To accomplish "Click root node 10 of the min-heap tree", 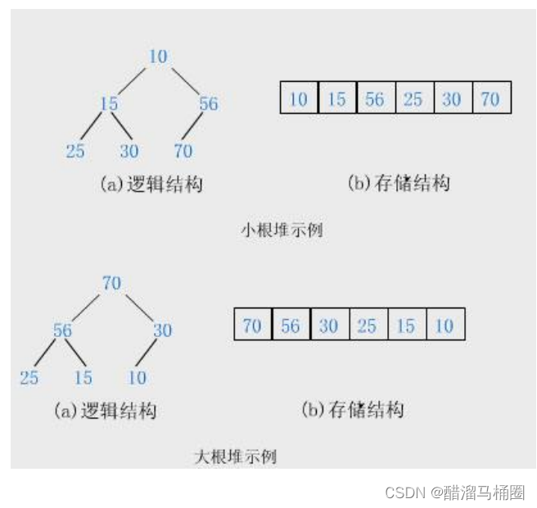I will click(158, 56).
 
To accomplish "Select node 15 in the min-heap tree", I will click(109, 104).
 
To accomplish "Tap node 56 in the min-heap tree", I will click(208, 104).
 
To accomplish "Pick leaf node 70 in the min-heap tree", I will click(183, 151).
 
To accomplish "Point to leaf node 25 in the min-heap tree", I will click(74, 151).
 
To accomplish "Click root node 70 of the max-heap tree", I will click(112, 283).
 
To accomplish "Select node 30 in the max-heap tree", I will click(162, 330).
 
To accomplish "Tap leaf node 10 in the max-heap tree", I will click(137, 378).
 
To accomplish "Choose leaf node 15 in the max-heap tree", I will click(82, 378).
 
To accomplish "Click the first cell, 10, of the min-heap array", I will click(299, 99).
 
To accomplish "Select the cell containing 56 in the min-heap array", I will click(375, 99).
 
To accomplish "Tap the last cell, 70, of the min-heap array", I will click(491, 99).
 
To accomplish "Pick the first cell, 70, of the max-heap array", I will click(252, 326).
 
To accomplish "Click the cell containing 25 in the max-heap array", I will click(368, 326).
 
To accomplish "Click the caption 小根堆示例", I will click(281, 230).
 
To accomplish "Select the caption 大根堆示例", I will click(235, 456).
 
